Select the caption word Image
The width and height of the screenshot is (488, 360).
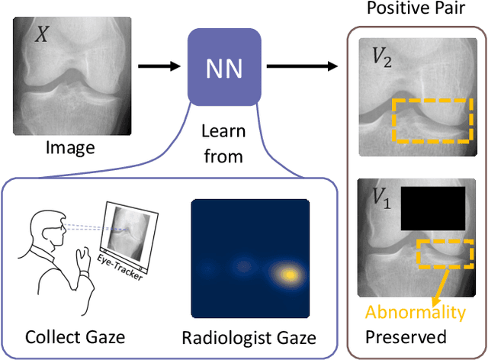[x=70, y=147]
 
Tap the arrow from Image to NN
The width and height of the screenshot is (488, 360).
[x=162, y=68]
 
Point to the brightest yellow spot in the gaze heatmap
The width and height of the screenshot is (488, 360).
[x=289, y=274]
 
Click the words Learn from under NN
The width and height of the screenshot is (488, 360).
[x=223, y=145]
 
